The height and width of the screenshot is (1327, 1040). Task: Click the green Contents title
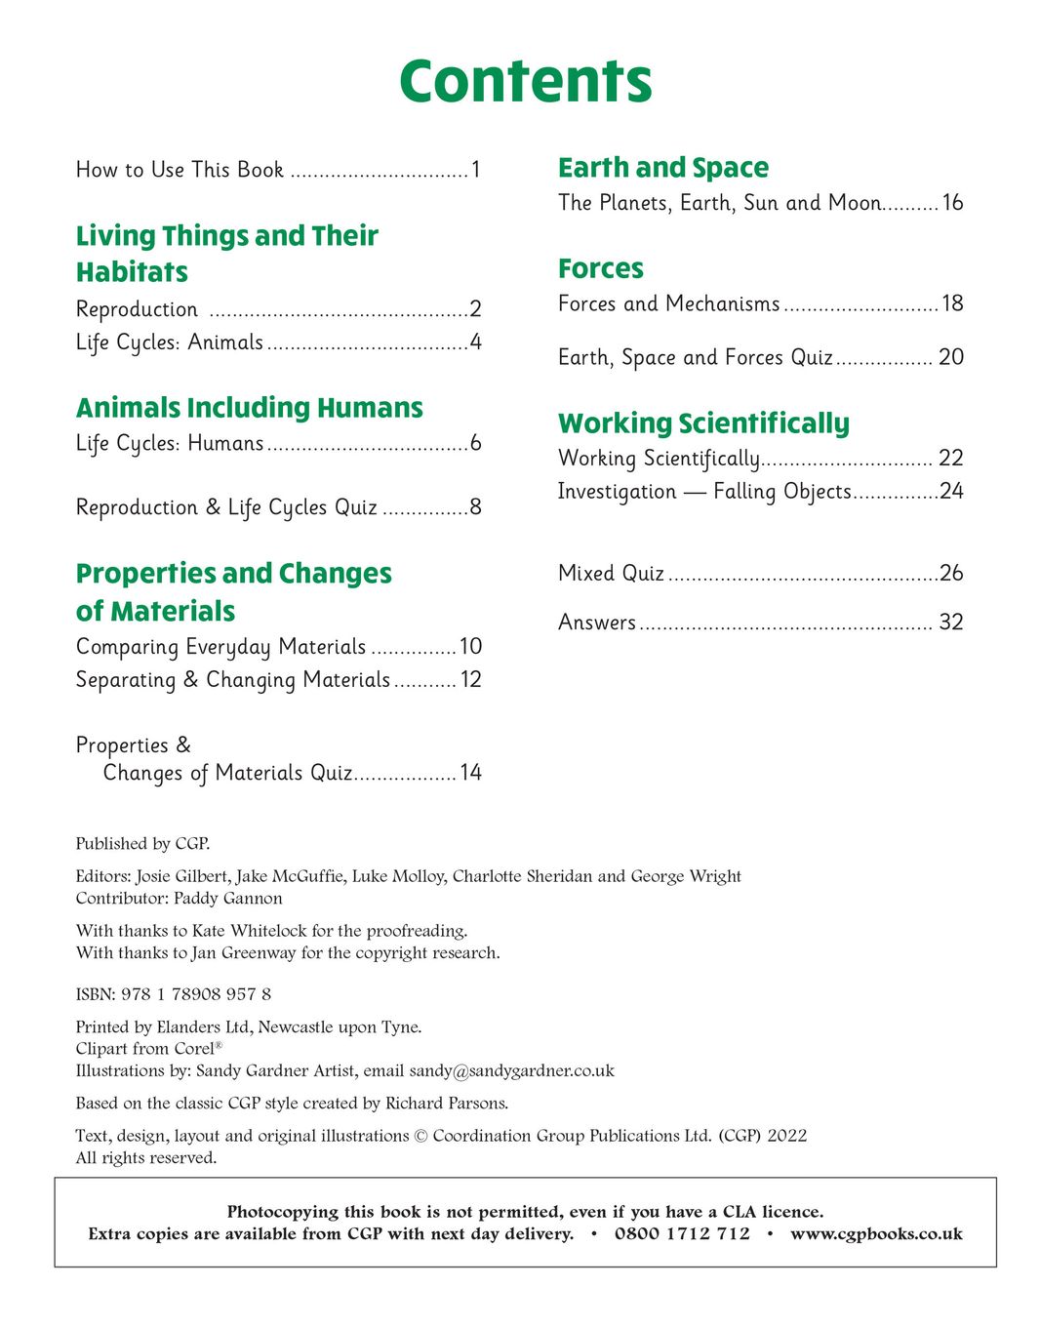525,81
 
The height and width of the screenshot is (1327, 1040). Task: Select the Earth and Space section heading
662,168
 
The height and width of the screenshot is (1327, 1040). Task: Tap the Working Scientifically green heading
703,423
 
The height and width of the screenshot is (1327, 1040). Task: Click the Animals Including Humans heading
249,408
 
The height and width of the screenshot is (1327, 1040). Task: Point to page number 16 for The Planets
952,203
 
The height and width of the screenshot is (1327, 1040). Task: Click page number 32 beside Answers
950,623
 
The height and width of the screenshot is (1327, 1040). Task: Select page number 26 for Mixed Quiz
951,574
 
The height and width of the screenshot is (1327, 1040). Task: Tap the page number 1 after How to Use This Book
475,171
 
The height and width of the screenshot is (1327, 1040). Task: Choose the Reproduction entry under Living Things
137,310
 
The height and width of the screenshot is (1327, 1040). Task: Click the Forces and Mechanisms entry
668,304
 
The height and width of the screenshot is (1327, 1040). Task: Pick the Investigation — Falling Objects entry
704,492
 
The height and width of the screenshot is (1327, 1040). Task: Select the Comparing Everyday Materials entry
220,647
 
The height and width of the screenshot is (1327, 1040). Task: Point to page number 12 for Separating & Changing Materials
471,680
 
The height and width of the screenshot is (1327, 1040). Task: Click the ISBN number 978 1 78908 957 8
196,994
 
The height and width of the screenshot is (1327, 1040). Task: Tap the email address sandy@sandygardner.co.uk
511,1070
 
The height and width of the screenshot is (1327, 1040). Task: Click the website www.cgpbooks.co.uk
876,1234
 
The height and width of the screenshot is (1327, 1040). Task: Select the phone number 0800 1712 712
682,1234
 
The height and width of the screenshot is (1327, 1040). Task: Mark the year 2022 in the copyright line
786,1136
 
